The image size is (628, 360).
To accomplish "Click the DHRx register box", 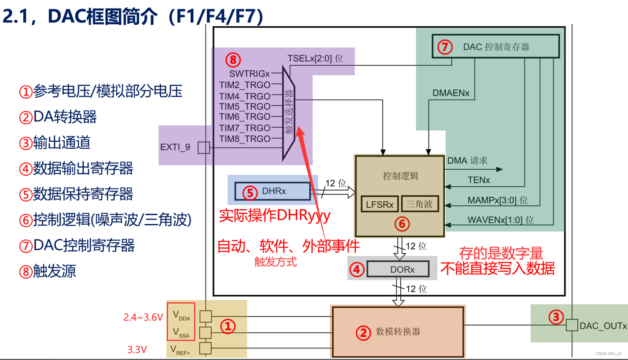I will pos(272,191).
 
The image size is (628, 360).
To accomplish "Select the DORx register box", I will pos(397,269).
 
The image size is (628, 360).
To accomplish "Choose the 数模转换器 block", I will pos(397,332).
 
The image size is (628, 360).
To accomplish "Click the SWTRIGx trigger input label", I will pos(249,73).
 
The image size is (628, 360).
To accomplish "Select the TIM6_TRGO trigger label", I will pos(245,117).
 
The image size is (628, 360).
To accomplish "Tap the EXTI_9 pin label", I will pos(175,147).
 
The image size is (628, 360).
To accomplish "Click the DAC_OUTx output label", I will pos(602,326).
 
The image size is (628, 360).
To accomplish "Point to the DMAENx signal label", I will pos(451,93).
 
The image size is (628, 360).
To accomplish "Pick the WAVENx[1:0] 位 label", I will pos(500,219).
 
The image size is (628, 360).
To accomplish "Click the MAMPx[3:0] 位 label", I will pos(497,200).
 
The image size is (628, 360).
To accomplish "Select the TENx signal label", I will pos(479,180).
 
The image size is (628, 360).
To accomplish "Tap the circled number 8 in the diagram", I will pos(234,59).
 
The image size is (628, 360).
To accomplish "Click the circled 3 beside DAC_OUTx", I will pos(556,317).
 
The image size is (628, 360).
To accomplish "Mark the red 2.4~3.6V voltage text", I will pos(143,317).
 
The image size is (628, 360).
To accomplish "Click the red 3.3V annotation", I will pos(137,350).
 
